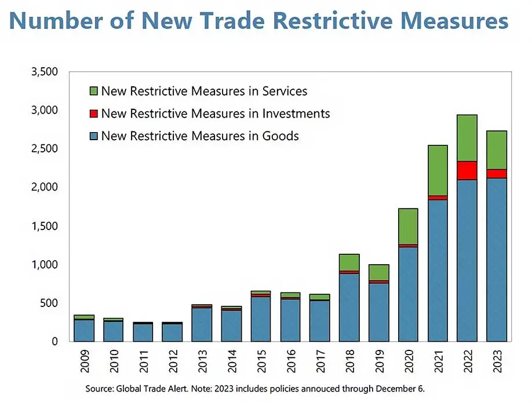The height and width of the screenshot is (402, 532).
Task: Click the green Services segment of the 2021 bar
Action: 438,170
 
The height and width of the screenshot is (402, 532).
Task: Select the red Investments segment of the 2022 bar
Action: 467,170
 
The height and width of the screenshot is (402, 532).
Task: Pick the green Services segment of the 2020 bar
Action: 408,226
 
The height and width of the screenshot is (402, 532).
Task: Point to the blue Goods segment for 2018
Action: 349,307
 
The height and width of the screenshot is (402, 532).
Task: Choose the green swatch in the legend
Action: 94,92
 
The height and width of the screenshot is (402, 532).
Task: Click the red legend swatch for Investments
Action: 94,114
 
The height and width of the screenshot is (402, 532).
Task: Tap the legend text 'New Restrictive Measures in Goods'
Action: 200,137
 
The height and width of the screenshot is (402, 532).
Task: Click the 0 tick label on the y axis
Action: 54,342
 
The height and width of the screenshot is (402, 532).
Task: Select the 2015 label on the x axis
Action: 261,363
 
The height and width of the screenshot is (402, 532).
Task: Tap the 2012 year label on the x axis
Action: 172,363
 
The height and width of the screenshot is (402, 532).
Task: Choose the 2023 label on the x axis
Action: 497,363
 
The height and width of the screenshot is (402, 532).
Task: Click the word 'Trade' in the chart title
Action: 224,21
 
